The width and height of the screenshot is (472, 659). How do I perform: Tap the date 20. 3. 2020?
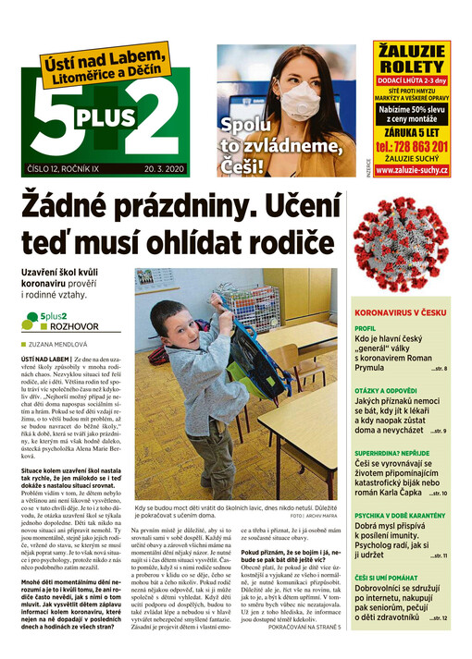coord(165,169)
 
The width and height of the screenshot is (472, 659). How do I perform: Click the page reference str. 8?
coord(439,369)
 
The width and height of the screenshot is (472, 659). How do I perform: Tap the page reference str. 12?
coord(438,616)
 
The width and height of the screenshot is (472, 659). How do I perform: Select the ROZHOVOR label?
coord(66,326)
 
